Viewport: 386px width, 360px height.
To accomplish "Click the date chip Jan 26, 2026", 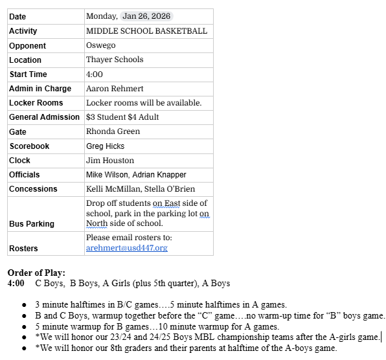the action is [147, 16].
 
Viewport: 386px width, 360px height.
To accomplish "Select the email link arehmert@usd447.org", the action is [126, 248].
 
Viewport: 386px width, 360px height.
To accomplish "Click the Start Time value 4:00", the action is [95, 74].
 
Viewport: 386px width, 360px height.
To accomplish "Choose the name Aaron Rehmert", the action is [115, 89].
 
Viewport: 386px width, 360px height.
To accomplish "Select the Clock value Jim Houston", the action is [110, 161].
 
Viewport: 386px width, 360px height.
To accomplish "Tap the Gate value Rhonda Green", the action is [113, 131].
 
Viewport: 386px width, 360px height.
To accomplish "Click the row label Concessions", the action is [33, 189].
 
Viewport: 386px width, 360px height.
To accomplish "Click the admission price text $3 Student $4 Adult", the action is [122, 117].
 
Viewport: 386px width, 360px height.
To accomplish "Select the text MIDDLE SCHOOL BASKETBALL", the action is [146, 31].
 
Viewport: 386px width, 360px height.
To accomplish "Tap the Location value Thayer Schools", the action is [115, 60].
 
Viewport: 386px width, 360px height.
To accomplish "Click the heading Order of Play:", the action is [36, 273].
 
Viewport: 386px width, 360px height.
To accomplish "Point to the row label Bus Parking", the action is [32, 223].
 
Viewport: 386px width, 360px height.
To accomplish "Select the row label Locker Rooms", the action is [36, 103].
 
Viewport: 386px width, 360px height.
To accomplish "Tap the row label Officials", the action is [25, 175].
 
